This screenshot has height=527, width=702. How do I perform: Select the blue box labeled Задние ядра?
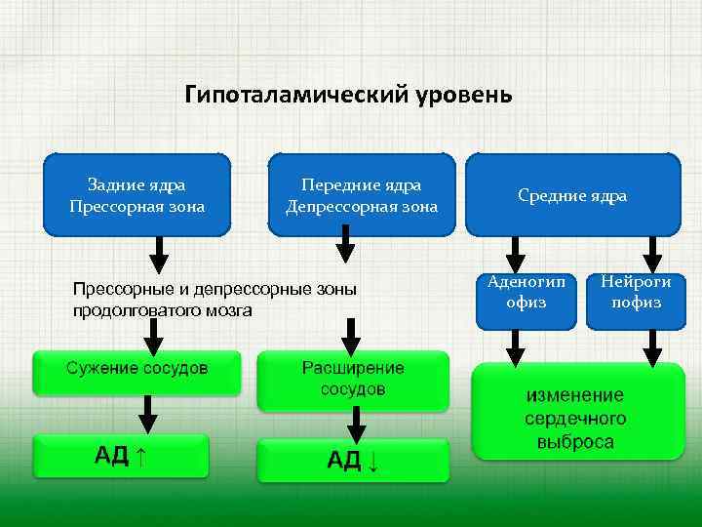[x=137, y=195]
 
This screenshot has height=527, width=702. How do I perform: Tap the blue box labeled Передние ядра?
[x=362, y=195]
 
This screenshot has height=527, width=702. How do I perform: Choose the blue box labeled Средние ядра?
[x=572, y=195]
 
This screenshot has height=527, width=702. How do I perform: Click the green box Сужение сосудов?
[x=137, y=372]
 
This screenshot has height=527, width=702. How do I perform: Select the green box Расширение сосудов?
[x=353, y=380]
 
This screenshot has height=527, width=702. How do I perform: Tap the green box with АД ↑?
[x=121, y=456]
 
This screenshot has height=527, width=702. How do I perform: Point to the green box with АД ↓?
[x=353, y=460]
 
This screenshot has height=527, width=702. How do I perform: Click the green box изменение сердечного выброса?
[x=576, y=411]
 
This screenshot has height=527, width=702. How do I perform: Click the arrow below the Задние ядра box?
[x=158, y=254]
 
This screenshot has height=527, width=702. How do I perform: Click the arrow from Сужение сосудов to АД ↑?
[x=147, y=415]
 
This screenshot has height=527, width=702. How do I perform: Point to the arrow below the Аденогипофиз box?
[x=516, y=345]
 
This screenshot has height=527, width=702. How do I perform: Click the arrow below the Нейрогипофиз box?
[x=651, y=345]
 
